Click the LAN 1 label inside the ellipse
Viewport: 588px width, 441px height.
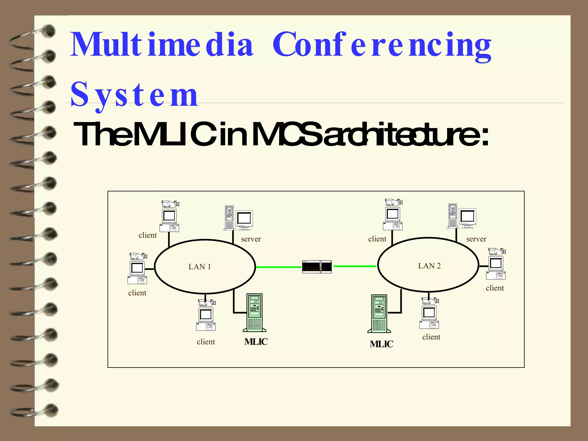click(x=200, y=267)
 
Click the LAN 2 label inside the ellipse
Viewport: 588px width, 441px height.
click(x=429, y=266)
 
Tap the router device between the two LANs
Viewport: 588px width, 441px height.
click(x=317, y=267)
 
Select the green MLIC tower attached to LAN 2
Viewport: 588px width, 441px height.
click(x=379, y=314)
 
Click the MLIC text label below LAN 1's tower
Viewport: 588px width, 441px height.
click(x=256, y=342)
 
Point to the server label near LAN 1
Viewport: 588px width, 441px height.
click(x=251, y=239)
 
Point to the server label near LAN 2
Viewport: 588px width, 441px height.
click(x=476, y=239)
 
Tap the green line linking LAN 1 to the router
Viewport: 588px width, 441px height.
click(x=278, y=267)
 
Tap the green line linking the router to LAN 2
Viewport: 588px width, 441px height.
click(x=355, y=266)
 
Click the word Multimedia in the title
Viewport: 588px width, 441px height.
click(x=162, y=45)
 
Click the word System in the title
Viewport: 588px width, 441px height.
click(x=134, y=94)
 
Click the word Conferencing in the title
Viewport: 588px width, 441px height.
click(x=382, y=45)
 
